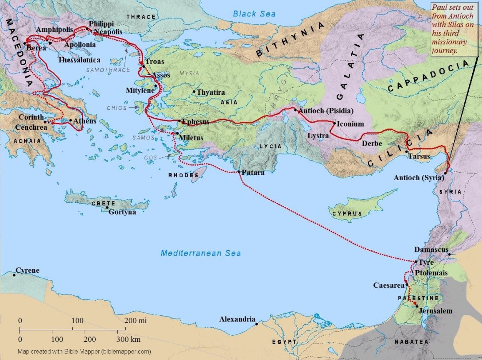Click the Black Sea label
click(254, 14)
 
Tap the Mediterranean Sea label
click(201, 253)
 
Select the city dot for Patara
click(239, 172)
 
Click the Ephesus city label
click(195, 121)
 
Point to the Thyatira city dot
click(194, 92)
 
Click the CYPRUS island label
click(347, 213)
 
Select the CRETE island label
click(104, 203)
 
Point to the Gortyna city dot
click(107, 207)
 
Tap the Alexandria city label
click(237, 319)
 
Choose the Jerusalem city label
click(435, 311)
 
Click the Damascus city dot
click(449, 254)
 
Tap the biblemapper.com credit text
click(84, 351)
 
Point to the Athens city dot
click(70, 120)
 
